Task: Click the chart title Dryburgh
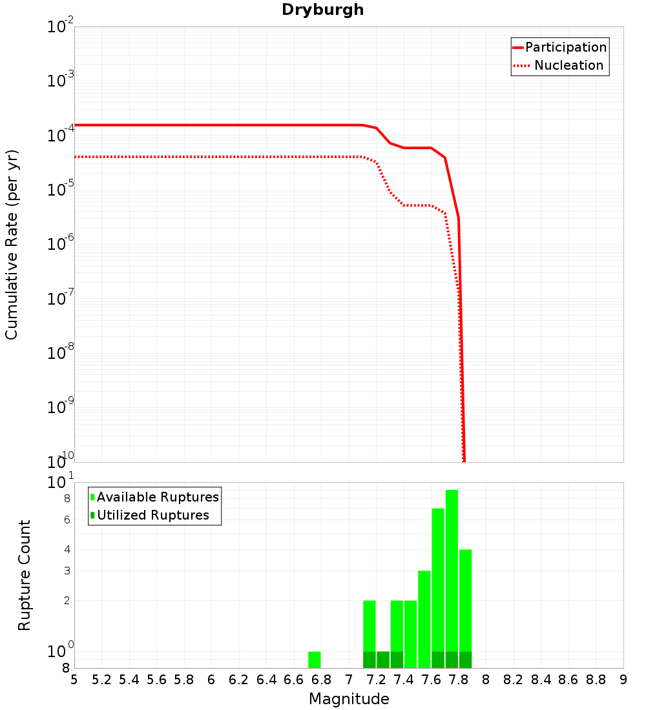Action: [322, 10]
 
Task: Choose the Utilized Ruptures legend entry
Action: [152, 515]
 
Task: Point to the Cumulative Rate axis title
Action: [12, 244]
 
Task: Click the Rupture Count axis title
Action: [25, 575]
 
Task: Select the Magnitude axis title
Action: [349, 699]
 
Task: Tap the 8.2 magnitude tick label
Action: [514, 680]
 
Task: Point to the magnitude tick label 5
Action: [74, 680]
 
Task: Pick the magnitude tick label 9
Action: [623, 680]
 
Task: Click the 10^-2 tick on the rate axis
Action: [61, 28]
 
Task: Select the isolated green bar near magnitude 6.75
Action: [315, 660]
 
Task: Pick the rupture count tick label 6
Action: [67, 520]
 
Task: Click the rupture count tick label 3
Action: [67, 571]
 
